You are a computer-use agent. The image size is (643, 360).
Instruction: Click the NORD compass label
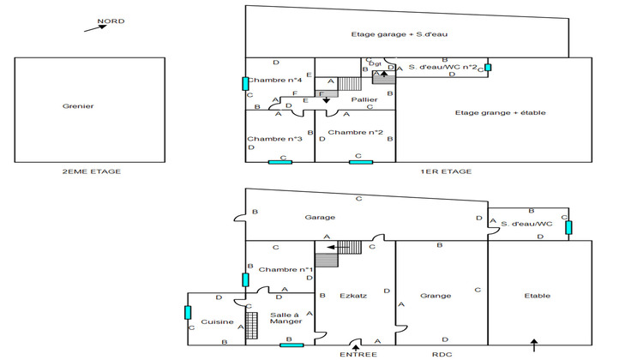[x=111, y=21]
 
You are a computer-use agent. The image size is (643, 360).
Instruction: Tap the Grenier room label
[x=78, y=106]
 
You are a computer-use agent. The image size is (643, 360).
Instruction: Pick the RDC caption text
[x=441, y=352]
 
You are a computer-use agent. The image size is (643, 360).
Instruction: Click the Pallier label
[x=365, y=99]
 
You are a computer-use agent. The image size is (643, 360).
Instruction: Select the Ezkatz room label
[x=353, y=296]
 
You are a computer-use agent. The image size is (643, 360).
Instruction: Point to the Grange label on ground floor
[x=436, y=296]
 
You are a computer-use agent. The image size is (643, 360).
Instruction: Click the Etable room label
[x=538, y=296]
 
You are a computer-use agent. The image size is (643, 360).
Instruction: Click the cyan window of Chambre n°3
[x=279, y=160]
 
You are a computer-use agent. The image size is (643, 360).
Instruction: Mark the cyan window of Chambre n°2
[x=361, y=160]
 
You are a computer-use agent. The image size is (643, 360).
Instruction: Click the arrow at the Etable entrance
[x=534, y=346]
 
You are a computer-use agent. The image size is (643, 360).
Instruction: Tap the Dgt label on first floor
[x=375, y=63]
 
